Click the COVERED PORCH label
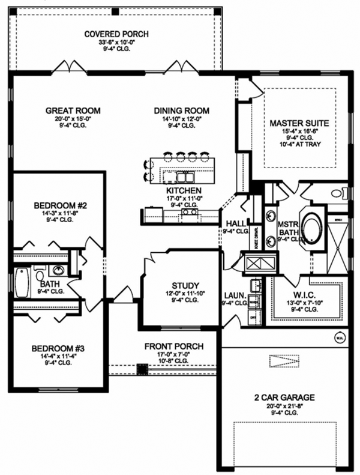pyautogui.click(x=116, y=34)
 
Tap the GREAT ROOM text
pyautogui.click(x=73, y=110)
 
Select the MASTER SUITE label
pyautogui.click(x=299, y=123)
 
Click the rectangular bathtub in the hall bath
pyautogui.click(x=22, y=283)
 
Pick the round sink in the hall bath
pyautogui.click(x=59, y=270)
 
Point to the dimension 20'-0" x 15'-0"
pyautogui.click(x=73, y=118)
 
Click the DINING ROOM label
pyautogui.click(x=181, y=110)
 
